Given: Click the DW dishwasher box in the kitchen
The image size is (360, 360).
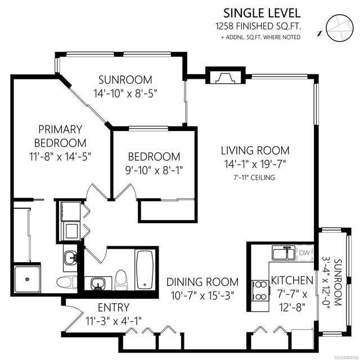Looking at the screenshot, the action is tap(305, 253).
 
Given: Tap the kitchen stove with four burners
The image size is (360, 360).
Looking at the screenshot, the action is tap(260, 290).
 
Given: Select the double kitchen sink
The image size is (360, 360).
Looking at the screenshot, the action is tap(283, 253).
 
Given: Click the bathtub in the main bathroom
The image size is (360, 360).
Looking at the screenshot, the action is tap(145, 270).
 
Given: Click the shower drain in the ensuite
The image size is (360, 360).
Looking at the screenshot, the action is tap(28, 279).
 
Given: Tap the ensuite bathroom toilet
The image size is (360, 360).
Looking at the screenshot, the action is tap(67, 282).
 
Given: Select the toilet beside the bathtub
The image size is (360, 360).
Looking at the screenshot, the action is tap(121, 280).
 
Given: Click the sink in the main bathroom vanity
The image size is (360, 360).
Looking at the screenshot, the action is tap(98, 283).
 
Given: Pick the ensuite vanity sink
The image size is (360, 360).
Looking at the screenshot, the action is tap(70, 258).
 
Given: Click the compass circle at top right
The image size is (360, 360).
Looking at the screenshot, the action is tap(340, 28).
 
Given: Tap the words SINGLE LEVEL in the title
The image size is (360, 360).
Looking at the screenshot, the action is tap(262, 13).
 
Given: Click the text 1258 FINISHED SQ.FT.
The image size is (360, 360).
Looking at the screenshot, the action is tap(258, 26).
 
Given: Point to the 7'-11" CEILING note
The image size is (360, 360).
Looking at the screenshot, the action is tap(254, 178).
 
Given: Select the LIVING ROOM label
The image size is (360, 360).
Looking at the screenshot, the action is tap(255, 151).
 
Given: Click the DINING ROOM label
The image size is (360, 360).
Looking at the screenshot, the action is tap(202, 282).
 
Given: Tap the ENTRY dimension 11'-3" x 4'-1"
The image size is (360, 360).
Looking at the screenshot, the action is tap(114, 321).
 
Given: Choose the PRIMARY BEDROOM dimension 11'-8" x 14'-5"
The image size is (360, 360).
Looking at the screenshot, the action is tap(60, 157).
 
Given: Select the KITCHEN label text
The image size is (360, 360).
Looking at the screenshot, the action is tap(292, 280).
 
